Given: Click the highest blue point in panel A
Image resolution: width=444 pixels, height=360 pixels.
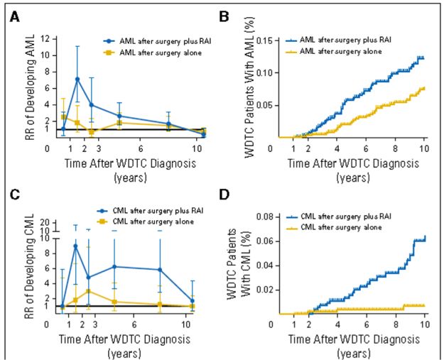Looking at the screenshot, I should tap(77, 79).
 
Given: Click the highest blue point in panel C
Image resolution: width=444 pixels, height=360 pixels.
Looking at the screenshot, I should tap(75, 246).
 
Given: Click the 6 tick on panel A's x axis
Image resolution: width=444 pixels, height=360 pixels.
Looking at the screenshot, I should tap(140, 148).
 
